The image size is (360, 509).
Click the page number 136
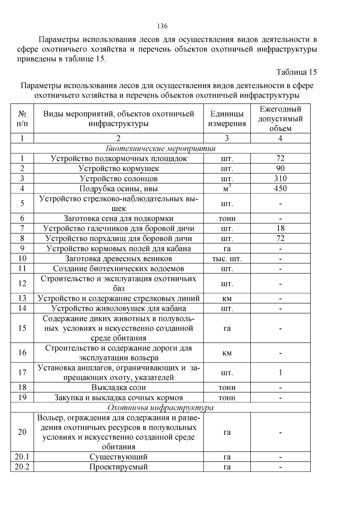[162, 26]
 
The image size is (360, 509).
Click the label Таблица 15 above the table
[296, 72]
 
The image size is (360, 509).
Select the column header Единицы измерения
[227, 119]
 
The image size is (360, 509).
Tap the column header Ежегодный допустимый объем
[280, 119]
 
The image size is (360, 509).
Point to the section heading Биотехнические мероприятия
[160, 148]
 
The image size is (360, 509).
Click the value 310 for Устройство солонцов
[280, 179]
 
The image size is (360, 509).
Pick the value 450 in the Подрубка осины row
[280, 189]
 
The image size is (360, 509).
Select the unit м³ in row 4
[227, 189]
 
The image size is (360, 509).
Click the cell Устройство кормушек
[118, 168]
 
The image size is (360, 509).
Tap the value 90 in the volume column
[280, 168]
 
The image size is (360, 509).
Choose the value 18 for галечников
[280, 228]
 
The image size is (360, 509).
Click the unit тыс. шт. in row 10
[227, 259]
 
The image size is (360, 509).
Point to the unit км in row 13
[227, 299]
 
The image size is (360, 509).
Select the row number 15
[22, 328]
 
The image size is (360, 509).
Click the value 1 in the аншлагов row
[280, 373]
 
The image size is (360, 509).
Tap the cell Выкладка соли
[118, 388]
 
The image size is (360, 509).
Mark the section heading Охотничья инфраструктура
[160, 408]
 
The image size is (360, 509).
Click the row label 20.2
[22, 467]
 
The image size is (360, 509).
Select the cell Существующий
[118, 457]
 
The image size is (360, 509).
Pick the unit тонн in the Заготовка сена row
[227, 219]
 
